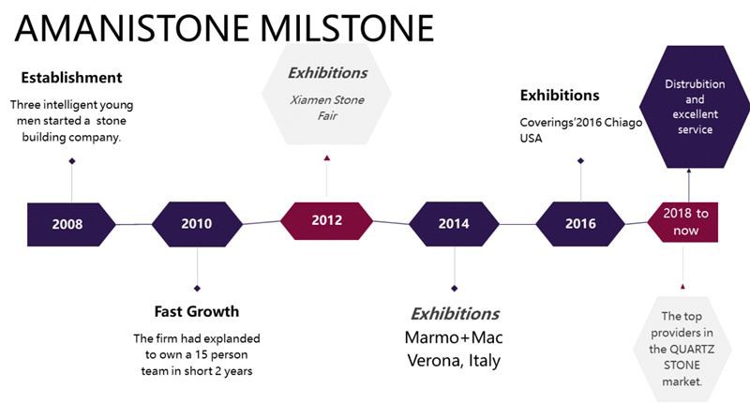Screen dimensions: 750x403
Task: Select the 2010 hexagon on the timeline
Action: [x=197, y=224]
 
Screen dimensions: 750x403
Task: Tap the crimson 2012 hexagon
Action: [x=326, y=221]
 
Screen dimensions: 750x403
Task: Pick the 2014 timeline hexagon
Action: [x=454, y=224]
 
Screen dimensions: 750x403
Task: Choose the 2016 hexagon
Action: [x=580, y=224]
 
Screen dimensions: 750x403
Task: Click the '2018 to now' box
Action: [x=683, y=222]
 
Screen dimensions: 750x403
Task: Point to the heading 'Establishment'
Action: [x=72, y=78]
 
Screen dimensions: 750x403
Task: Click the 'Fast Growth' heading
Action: [x=197, y=312]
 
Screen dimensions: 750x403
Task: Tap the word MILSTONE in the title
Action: [x=347, y=28]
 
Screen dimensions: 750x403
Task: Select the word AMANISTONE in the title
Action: [x=132, y=28]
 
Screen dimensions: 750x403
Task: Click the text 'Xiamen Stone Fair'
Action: [x=327, y=108]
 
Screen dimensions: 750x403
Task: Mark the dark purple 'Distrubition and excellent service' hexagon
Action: [x=695, y=107]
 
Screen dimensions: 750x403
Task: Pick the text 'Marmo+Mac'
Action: [x=454, y=337]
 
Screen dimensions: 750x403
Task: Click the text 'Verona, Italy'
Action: [x=454, y=360]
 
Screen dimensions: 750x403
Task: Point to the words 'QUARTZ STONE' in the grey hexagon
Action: [x=682, y=357]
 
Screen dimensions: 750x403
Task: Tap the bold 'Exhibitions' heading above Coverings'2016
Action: [x=560, y=96]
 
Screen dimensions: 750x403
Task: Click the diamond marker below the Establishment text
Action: [x=72, y=161]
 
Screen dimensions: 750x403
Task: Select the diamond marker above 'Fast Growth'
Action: [x=197, y=289]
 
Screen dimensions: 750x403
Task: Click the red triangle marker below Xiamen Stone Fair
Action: [x=326, y=157]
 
